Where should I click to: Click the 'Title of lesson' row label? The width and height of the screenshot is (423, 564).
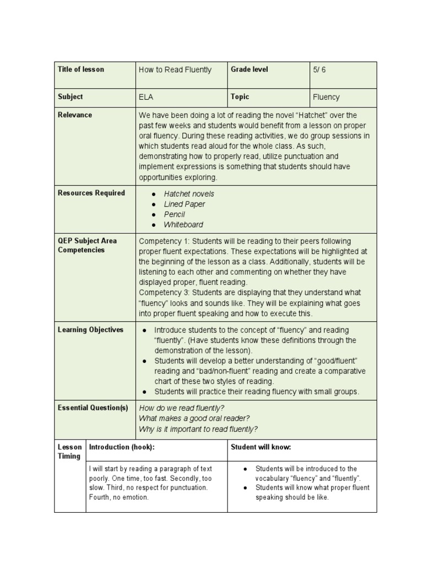[x=80, y=69]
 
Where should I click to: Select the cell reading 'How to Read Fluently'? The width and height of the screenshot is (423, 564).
[x=175, y=70]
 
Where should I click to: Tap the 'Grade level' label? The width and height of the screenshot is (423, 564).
[x=250, y=69]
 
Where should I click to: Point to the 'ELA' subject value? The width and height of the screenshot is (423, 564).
[x=146, y=97]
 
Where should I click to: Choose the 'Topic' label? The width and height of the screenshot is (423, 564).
[x=240, y=97]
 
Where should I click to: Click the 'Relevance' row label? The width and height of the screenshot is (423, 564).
[x=75, y=115]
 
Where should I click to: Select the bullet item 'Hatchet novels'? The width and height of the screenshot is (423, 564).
[x=189, y=194]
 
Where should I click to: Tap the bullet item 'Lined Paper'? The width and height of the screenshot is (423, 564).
[x=185, y=204]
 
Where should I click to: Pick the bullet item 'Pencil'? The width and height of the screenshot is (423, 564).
[x=175, y=214]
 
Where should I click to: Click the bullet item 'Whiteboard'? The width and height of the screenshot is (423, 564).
[x=183, y=225]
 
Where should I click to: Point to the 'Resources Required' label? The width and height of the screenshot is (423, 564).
[x=91, y=193]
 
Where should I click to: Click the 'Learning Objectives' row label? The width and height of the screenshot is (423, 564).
[x=91, y=330]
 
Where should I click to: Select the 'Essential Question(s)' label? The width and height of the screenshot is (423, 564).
[x=93, y=408]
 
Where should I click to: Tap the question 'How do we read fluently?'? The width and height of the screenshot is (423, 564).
[x=182, y=408]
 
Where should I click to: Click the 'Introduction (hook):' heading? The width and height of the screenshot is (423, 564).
[x=122, y=448]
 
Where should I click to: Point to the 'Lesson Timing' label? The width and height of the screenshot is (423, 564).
[x=69, y=452]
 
